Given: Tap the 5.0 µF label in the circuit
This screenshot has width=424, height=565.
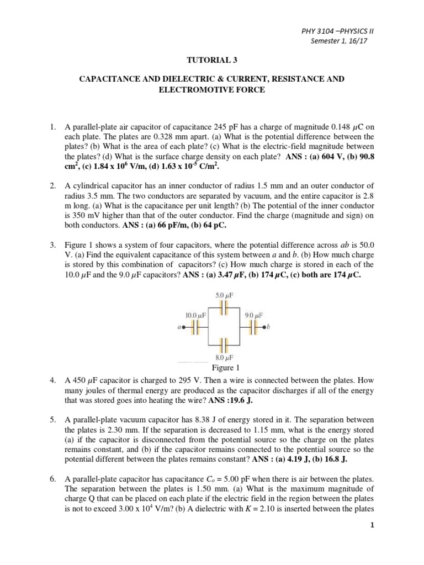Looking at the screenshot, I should point(224,296).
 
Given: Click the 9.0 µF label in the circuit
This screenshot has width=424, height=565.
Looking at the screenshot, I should point(252,315).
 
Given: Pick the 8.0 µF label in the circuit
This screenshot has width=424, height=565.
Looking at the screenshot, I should point(224,358).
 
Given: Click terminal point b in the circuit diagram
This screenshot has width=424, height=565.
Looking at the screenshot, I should point(266,327).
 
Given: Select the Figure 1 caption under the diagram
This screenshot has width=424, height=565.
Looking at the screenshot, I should point(224,368).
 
